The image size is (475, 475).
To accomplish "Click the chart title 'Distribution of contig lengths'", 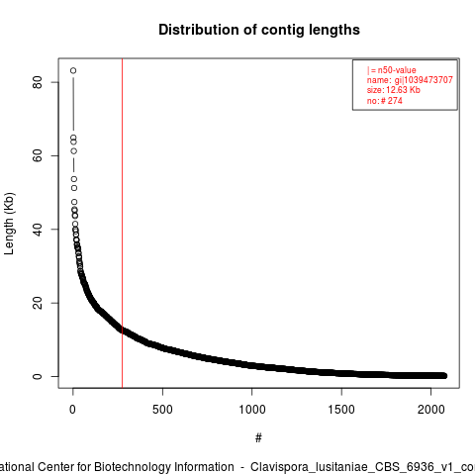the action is click(259, 31).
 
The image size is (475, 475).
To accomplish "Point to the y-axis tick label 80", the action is click(38, 82).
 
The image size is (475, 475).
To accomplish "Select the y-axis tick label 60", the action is click(38, 155).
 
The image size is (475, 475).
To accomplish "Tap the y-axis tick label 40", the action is click(38, 230).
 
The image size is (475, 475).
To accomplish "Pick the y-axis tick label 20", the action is click(38, 303).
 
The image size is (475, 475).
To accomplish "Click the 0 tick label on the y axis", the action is click(38, 376).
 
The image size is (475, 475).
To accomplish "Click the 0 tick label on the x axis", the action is click(72, 410).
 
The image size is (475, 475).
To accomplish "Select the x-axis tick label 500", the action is click(162, 410).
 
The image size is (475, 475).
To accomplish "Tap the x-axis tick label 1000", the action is click(252, 410).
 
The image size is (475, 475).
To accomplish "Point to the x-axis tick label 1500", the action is click(341, 410).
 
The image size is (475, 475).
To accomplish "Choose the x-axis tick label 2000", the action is click(431, 410).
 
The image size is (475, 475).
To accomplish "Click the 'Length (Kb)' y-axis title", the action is click(9, 224).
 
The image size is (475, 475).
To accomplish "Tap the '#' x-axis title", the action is click(258, 438).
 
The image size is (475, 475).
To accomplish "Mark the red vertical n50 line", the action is click(123, 224).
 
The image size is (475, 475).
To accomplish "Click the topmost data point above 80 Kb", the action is click(73, 70).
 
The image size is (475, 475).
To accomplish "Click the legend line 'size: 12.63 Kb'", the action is click(394, 90).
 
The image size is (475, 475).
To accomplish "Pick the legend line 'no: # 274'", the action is click(385, 101).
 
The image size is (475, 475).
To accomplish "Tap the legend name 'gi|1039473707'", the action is click(424, 80).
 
